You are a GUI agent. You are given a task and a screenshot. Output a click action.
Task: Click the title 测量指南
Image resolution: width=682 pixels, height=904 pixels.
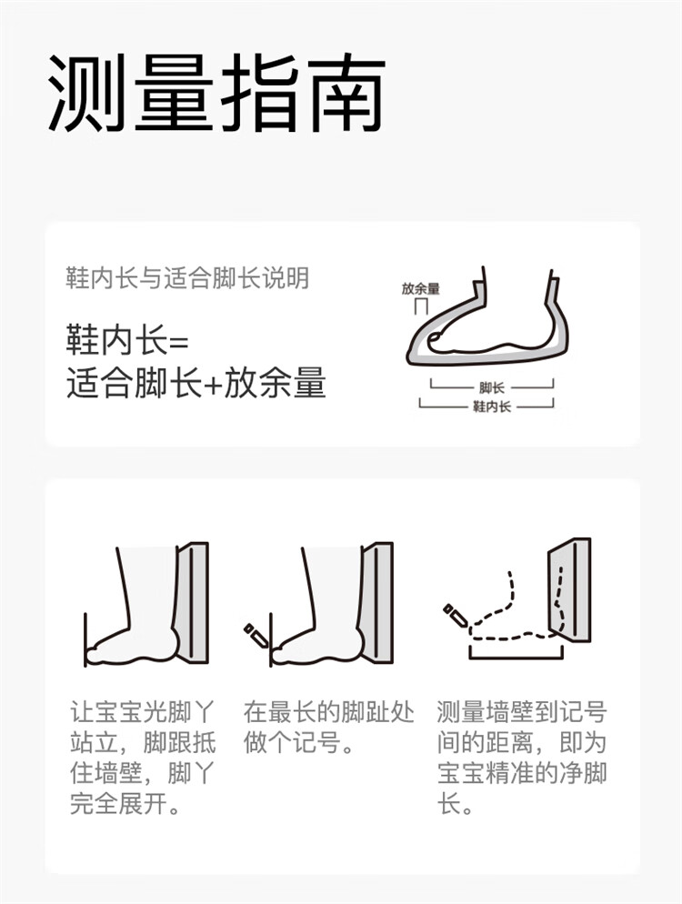pyautogui.click(x=216, y=94)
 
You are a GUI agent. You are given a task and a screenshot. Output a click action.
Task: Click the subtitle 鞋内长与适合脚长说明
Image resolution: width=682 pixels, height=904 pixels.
pyautogui.click(x=188, y=278)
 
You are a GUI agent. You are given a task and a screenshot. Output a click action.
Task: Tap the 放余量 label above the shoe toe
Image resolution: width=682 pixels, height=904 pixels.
pyautogui.click(x=421, y=289)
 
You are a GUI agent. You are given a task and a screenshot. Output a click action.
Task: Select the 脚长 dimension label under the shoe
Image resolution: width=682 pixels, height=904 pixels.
pyautogui.click(x=491, y=388)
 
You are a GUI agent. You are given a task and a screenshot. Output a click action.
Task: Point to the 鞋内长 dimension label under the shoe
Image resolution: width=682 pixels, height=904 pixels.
pyautogui.click(x=492, y=407)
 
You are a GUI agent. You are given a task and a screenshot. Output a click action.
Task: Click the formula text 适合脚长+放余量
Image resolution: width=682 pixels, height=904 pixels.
pyautogui.click(x=196, y=382)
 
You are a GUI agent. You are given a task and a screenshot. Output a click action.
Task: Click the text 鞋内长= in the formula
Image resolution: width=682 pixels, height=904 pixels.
pyautogui.click(x=128, y=340)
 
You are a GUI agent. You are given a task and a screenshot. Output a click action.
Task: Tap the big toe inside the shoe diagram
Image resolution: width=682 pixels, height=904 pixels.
pyautogui.click(x=435, y=341)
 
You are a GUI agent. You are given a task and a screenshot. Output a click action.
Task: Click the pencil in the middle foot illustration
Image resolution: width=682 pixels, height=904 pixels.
pyautogui.click(x=256, y=635)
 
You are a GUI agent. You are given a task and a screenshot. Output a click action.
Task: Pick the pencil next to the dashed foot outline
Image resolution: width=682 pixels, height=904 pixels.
pyautogui.click(x=456, y=616)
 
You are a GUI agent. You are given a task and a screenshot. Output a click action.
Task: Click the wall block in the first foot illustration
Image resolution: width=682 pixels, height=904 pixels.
pyautogui.click(x=193, y=602)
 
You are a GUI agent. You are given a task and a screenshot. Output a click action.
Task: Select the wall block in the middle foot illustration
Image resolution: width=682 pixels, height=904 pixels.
pyautogui.click(x=377, y=602)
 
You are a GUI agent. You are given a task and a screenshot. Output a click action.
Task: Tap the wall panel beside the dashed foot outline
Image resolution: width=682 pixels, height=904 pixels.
pyautogui.click(x=568, y=590)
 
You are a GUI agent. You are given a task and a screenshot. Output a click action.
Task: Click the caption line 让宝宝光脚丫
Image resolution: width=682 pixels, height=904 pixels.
pyautogui.click(x=143, y=712)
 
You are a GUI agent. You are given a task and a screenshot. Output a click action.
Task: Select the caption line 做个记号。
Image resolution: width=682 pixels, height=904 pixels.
pyautogui.click(x=298, y=742)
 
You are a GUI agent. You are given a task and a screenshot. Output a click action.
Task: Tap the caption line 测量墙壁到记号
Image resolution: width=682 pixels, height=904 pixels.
pyautogui.click(x=522, y=712)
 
